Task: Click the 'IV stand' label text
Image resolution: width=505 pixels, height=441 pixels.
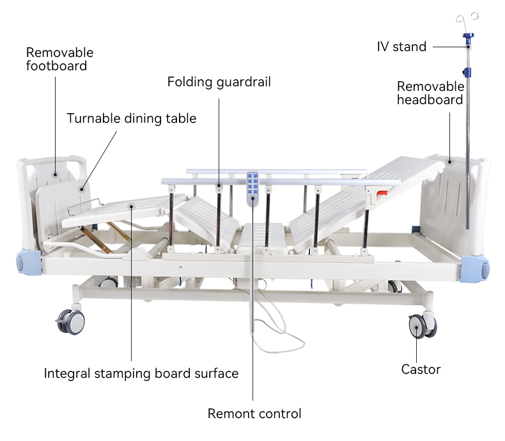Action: click(x=401, y=47)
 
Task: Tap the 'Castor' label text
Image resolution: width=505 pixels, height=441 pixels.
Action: click(x=421, y=369)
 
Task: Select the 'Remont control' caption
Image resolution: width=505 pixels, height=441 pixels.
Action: click(x=254, y=414)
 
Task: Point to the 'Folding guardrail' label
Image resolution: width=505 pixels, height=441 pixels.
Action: click(x=219, y=82)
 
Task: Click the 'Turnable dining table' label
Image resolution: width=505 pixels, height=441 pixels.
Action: click(x=132, y=118)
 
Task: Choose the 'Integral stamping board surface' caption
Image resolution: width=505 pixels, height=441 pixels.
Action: click(x=141, y=373)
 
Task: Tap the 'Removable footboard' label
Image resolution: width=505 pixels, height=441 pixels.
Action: click(x=59, y=59)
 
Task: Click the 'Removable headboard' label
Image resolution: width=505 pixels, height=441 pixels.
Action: click(x=430, y=93)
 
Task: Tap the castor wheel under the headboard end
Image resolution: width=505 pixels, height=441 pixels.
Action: click(x=421, y=327)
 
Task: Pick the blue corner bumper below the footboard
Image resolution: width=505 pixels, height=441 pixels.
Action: click(x=29, y=262)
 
